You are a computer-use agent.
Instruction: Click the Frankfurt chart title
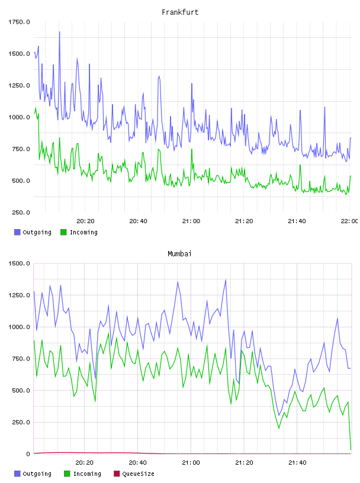tap(180, 12)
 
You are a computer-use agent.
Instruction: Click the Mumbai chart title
tap(179, 254)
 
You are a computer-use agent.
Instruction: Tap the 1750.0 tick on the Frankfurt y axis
tap(19, 22)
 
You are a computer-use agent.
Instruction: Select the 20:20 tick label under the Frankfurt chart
tap(85, 221)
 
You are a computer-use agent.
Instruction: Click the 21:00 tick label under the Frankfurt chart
tap(191, 221)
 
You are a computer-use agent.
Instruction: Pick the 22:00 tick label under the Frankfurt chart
tap(349, 221)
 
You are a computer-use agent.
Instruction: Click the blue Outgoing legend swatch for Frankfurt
tap(17, 232)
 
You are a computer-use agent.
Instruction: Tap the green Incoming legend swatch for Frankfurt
tap(63, 232)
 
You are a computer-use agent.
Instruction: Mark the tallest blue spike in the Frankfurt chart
tap(59, 32)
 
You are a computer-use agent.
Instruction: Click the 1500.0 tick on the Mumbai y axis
tap(19, 263)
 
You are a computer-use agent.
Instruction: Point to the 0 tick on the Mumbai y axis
tap(28, 454)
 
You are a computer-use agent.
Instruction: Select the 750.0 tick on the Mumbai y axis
tap(21, 359)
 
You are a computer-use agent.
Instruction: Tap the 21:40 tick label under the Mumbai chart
tap(297, 463)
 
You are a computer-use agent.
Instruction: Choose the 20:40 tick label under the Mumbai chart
tap(137, 463)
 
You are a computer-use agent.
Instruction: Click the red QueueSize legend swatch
tap(117, 474)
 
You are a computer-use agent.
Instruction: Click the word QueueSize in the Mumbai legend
tap(138, 474)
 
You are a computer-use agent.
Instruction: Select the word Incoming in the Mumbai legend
tap(87, 474)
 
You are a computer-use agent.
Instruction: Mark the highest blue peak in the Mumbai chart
tap(226, 280)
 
